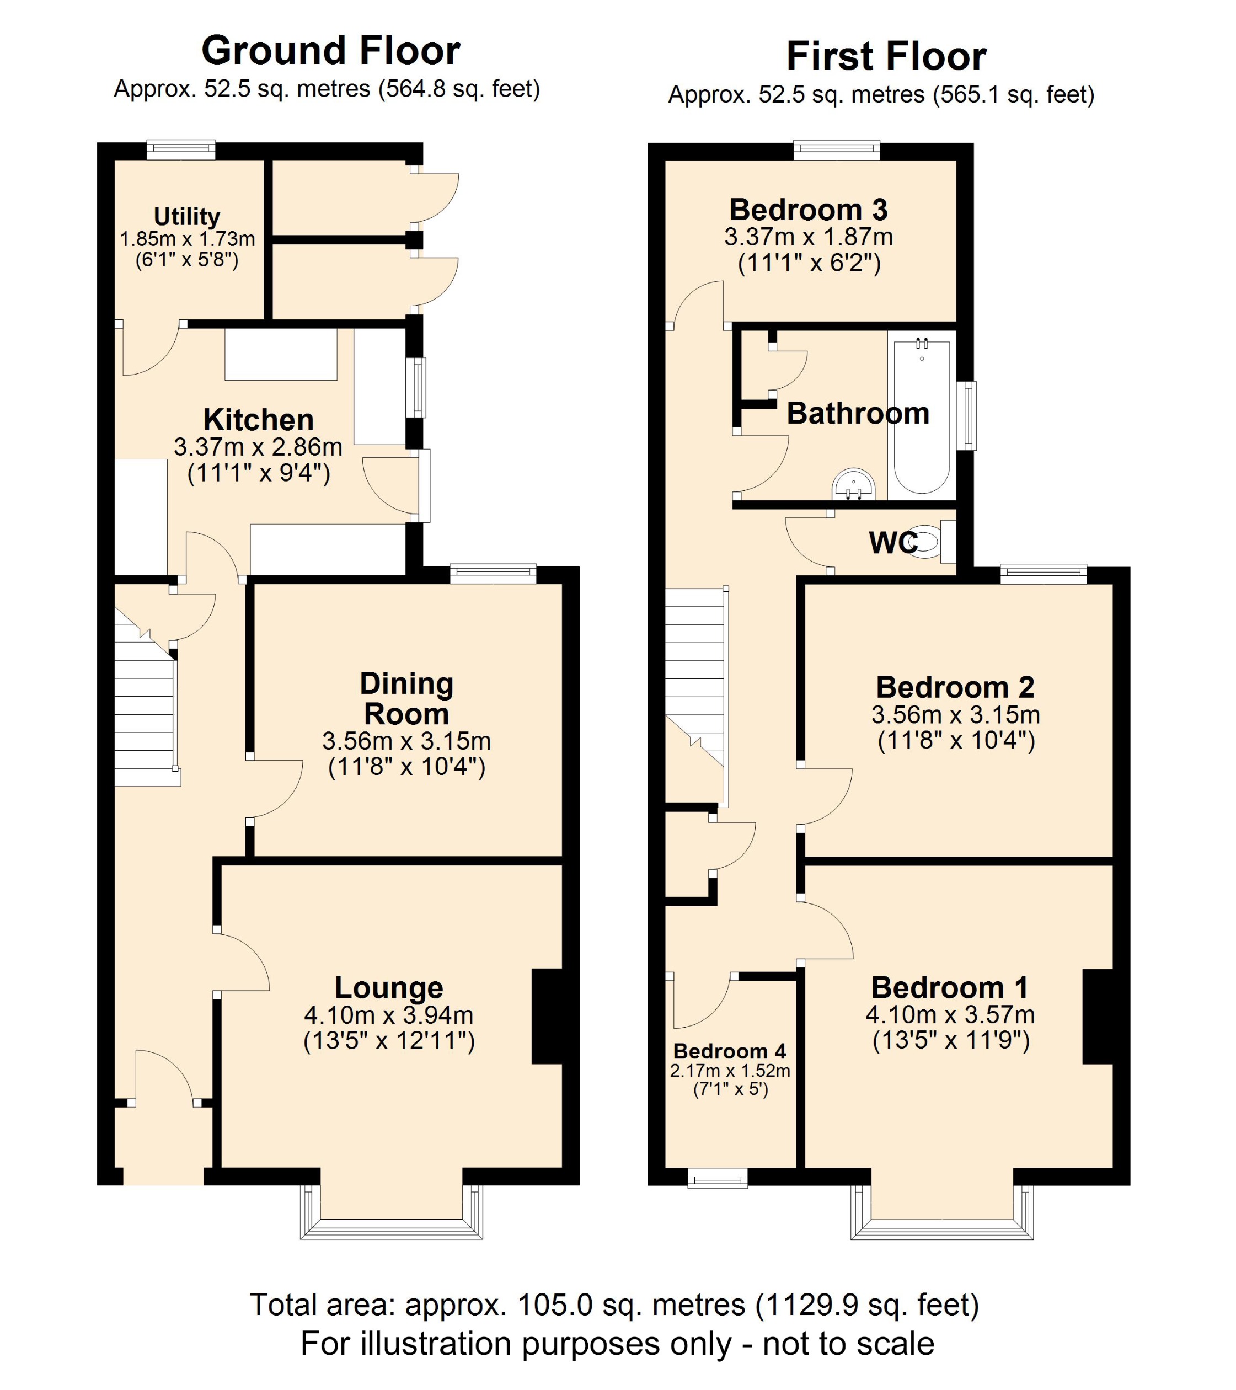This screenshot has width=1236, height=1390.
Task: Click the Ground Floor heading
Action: (x=330, y=51)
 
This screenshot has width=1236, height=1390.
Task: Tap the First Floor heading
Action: (x=886, y=56)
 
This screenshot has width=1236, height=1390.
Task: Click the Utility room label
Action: (x=187, y=216)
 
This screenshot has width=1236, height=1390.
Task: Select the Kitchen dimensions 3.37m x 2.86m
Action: (x=258, y=447)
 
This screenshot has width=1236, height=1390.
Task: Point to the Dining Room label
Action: (x=406, y=698)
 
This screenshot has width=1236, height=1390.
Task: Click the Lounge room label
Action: (x=389, y=987)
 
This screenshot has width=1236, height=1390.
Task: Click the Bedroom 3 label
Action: (x=809, y=210)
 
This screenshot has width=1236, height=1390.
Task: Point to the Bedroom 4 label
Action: (x=730, y=1051)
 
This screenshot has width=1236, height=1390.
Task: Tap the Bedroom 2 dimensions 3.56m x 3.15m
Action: (x=955, y=715)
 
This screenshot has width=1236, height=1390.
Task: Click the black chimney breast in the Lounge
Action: (x=547, y=1016)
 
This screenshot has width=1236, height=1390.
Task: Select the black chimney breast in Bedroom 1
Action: (x=1098, y=1016)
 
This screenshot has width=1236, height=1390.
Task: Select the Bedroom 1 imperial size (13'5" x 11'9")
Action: (x=950, y=1040)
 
